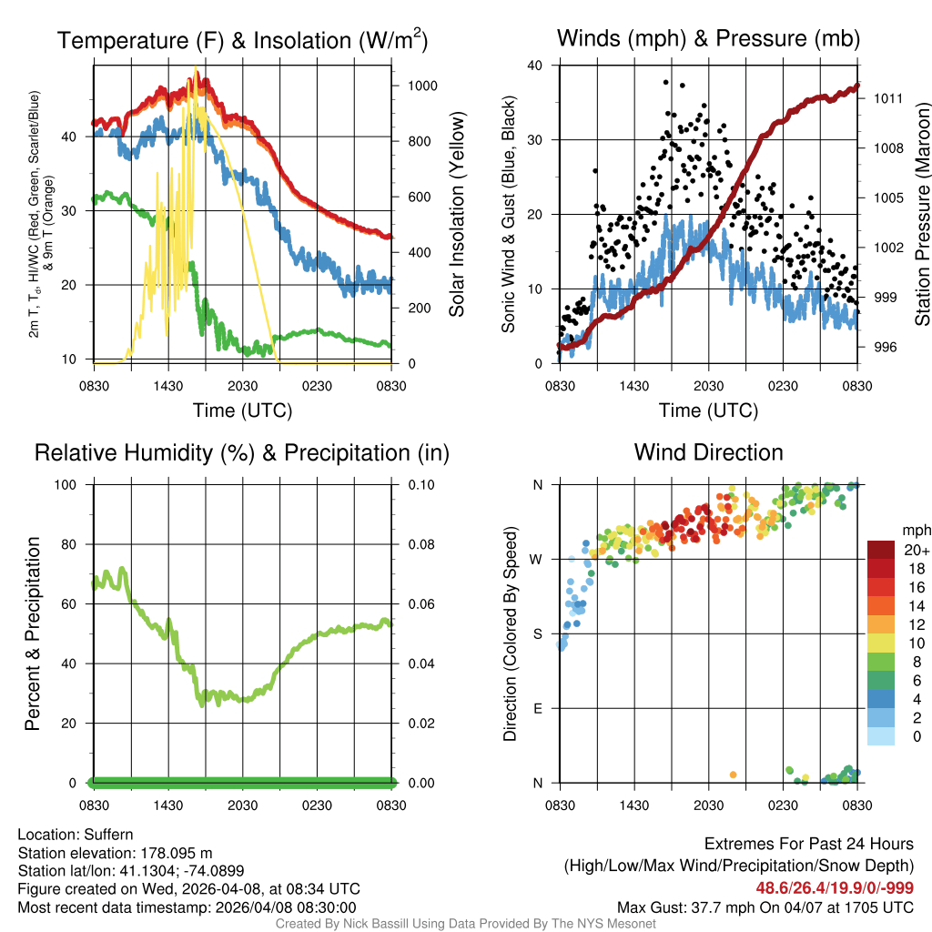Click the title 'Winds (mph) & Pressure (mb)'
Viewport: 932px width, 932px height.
coord(708,38)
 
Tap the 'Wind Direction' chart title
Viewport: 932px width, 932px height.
coord(708,452)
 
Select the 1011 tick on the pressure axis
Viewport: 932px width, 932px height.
coord(887,98)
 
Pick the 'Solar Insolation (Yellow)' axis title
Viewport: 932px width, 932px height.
coord(457,215)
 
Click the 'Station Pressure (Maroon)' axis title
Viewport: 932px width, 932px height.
coord(921,215)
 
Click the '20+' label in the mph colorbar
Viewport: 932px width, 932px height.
coord(915,550)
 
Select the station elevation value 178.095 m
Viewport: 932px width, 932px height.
coord(176,853)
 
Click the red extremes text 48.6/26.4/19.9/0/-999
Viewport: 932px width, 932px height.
coord(835,887)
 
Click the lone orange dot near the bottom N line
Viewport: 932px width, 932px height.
coord(734,775)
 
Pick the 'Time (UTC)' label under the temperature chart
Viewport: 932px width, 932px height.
coord(242,410)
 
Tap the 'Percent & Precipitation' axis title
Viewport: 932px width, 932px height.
coord(33,633)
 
